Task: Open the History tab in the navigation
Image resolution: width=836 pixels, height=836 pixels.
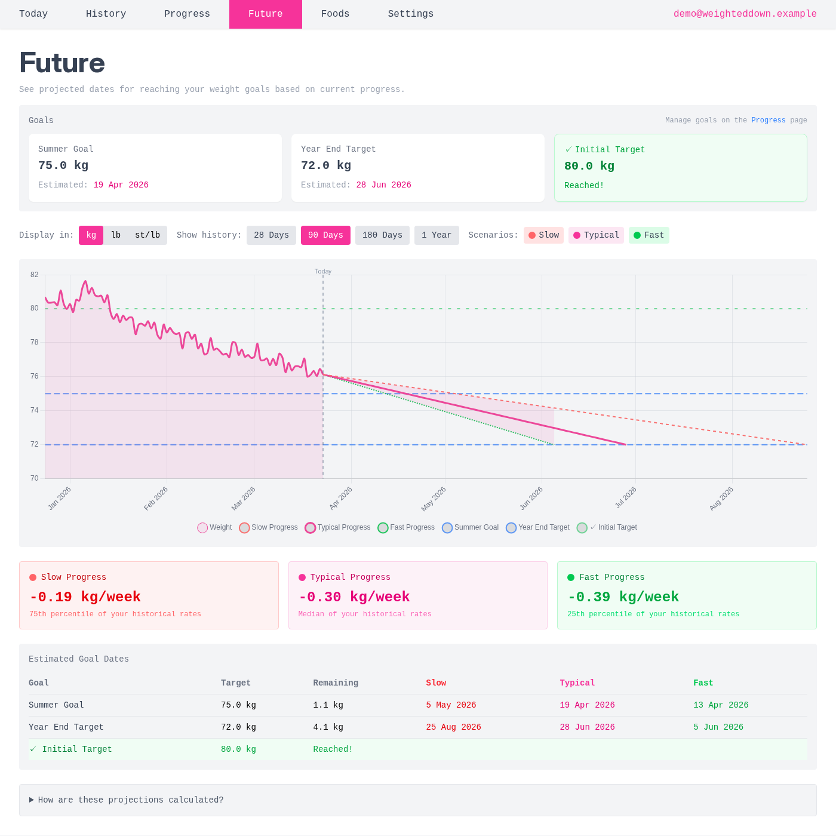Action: (106, 14)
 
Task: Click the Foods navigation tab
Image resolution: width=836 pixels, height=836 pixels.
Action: (335, 14)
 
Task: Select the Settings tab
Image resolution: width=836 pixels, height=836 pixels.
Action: (410, 14)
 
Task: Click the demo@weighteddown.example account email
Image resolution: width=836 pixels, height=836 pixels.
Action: (745, 14)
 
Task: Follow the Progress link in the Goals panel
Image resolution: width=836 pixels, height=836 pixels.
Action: (768, 120)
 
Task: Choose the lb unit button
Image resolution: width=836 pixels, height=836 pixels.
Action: (116, 235)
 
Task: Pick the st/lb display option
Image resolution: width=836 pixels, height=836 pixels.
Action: (147, 235)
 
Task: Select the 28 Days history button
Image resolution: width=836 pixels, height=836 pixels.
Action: (271, 235)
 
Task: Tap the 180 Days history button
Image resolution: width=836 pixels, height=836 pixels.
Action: (382, 235)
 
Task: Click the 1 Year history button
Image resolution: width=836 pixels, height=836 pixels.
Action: (437, 235)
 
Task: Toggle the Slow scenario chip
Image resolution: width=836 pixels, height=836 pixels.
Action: (543, 235)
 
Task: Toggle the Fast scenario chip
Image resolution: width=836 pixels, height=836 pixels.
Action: (648, 235)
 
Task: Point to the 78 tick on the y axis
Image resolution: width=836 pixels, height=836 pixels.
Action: (34, 342)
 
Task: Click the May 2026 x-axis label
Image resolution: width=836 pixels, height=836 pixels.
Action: (434, 499)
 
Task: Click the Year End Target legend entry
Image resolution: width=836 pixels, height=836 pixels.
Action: (537, 527)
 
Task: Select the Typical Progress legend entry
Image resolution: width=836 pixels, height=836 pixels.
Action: (337, 527)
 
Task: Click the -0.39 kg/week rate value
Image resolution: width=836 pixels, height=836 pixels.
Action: (623, 597)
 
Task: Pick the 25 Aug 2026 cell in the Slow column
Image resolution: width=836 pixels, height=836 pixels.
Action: (453, 727)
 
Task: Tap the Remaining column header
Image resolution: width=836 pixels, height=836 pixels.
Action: (336, 683)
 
